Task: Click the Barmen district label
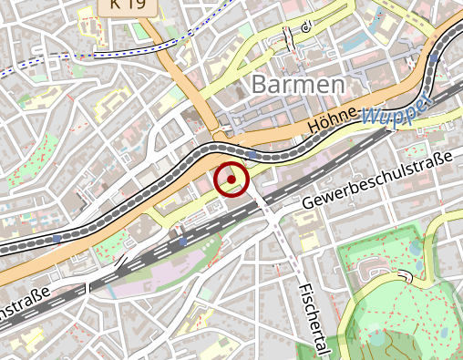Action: (x=297, y=85)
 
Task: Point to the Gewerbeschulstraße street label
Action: (x=378, y=182)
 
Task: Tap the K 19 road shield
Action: (x=127, y=5)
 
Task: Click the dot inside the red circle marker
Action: (x=231, y=179)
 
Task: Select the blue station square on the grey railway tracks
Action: (x=182, y=242)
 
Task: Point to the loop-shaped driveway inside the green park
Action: (x=372, y=266)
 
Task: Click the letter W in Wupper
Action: (x=369, y=117)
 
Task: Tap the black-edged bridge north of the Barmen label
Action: (x=289, y=38)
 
